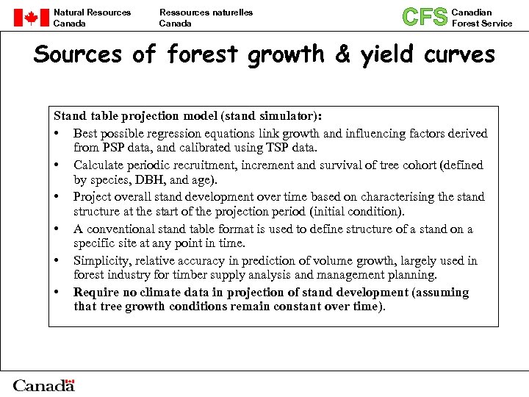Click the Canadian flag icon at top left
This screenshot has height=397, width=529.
[32, 18]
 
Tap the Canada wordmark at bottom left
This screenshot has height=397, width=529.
[44, 385]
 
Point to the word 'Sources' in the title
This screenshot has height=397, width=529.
[76, 54]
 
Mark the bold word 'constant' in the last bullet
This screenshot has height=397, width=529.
[296, 307]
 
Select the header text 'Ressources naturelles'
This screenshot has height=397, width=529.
[206, 12]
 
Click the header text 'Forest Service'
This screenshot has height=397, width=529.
[482, 24]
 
